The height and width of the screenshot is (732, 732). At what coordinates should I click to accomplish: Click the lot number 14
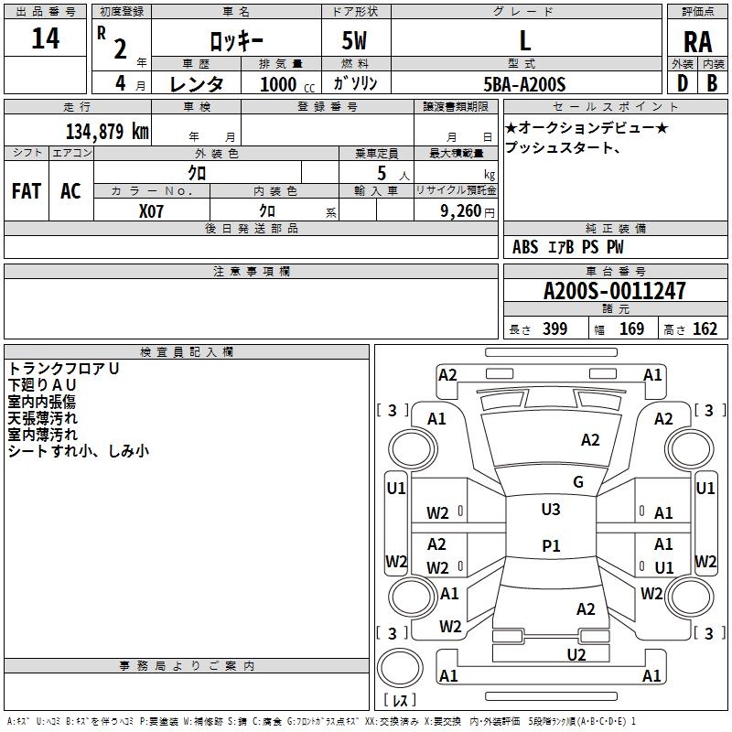[x=46, y=39]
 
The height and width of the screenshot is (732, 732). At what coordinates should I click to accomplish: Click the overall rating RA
[x=698, y=42]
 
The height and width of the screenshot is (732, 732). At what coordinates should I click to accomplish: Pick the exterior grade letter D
[x=682, y=82]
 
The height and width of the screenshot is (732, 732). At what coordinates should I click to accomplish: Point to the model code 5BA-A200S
[x=524, y=84]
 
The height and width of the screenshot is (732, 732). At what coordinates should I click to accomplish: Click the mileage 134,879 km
[x=107, y=131]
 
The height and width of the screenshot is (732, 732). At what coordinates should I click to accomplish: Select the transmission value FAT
[x=27, y=191]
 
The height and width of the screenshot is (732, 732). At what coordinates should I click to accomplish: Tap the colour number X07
[x=152, y=210]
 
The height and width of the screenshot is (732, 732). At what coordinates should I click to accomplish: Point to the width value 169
[x=631, y=329]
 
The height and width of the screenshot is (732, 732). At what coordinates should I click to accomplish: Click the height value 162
[x=705, y=329]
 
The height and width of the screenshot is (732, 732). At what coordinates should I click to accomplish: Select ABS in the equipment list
[x=525, y=247]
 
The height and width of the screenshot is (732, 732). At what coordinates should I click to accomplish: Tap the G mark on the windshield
[x=577, y=482]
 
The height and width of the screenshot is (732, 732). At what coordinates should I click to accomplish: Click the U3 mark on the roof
[x=551, y=510]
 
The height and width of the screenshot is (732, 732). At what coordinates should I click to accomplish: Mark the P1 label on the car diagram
[x=551, y=545]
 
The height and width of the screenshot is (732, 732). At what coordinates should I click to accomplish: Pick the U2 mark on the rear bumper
[x=576, y=653]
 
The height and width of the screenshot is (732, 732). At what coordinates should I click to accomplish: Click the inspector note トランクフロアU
[x=64, y=369]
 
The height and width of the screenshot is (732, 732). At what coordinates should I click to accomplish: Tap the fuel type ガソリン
[x=355, y=83]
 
